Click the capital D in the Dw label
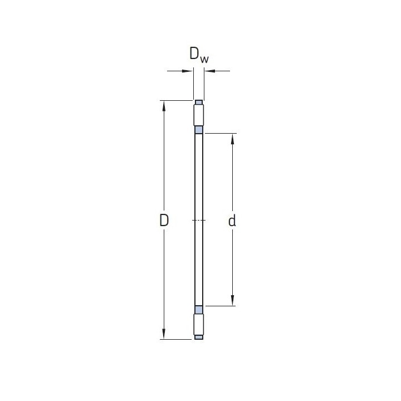(x=194, y=53)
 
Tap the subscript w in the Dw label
(x=204, y=60)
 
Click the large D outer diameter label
(x=164, y=221)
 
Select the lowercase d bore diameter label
(x=232, y=221)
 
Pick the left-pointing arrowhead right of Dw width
(x=210, y=71)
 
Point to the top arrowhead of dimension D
(x=164, y=106)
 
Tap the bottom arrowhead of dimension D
(x=164, y=334)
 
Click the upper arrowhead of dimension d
(x=232, y=139)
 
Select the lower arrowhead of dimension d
(x=232, y=300)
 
